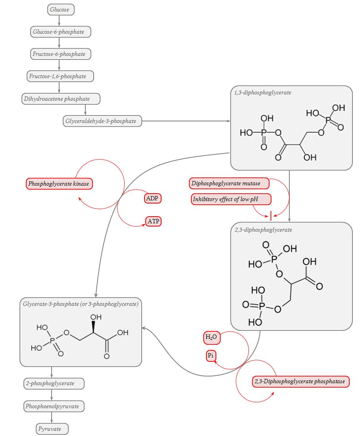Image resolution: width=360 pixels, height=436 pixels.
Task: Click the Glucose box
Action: click(x=61, y=10)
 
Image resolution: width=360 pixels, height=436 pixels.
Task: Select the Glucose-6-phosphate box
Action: click(x=61, y=32)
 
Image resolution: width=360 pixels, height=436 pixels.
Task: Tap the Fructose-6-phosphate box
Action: click(x=61, y=54)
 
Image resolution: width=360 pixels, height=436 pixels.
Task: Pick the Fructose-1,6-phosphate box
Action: click(x=60, y=76)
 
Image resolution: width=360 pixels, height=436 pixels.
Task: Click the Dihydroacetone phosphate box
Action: click(x=61, y=99)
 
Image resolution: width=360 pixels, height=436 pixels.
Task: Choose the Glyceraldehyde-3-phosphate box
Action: click(x=102, y=121)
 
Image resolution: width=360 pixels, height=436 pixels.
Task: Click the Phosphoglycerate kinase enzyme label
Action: click(x=59, y=184)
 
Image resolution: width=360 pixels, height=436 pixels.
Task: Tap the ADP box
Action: click(x=153, y=198)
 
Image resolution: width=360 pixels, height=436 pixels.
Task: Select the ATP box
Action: click(x=153, y=221)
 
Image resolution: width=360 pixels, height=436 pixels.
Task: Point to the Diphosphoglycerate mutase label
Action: click(x=229, y=183)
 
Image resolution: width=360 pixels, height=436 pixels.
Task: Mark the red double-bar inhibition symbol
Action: click(x=270, y=215)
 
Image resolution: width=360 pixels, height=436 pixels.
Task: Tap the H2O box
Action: click(x=211, y=338)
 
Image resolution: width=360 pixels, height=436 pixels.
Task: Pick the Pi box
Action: click(x=211, y=356)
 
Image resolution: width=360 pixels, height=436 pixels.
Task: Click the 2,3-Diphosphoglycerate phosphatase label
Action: click(x=300, y=382)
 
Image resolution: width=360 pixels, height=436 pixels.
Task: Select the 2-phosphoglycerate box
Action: click(x=54, y=384)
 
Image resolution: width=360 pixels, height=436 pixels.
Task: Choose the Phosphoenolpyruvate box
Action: click(x=54, y=406)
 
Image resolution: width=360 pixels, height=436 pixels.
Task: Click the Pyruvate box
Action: click(x=52, y=429)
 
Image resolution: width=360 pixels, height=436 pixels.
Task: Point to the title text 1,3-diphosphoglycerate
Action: click(x=262, y=93)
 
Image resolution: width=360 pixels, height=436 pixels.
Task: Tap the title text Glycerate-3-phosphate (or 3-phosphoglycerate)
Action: click(x=81, y=304)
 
